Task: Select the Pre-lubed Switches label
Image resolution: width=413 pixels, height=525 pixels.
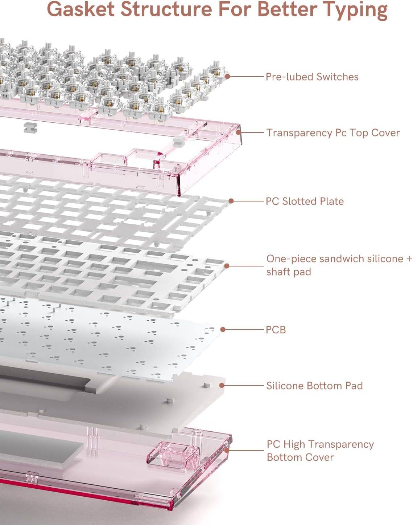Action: (x=312, y=77)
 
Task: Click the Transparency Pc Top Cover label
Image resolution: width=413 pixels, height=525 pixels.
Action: (x=333, y=133)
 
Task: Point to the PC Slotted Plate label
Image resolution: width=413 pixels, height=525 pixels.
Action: (x=305, y=201)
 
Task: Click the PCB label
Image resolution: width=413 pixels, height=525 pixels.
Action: (x=276, y=330)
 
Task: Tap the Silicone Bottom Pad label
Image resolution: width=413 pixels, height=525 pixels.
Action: (x=314, y=386)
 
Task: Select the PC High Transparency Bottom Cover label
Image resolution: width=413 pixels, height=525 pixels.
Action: (x=320, y=451)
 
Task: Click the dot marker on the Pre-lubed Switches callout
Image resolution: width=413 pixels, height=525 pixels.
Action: (x=227, y=76)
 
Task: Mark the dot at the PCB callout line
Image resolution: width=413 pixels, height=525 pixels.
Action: (x=223, y=329)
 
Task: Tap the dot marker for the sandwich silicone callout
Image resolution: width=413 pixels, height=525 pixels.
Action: (x=227, y=265)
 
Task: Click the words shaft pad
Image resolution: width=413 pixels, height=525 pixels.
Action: (x=289, y=272)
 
